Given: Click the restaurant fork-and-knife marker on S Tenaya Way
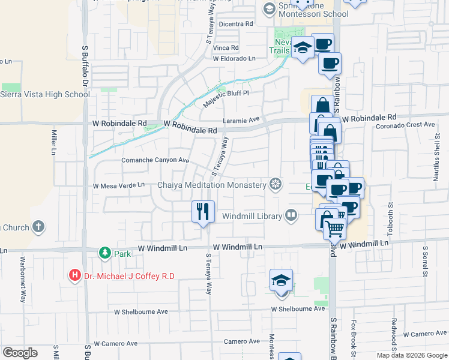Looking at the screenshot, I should coord(203,211).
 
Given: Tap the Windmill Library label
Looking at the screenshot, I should coord(252,215).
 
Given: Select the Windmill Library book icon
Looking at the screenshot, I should coord(291,215).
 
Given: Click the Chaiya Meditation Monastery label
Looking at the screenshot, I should coord(211,185).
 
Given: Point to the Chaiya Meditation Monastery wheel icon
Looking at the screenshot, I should coord(276,184).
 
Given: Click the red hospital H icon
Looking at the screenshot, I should coord(75,276).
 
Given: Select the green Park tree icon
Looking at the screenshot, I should coord(105,253).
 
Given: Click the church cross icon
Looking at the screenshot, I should coord(38,227).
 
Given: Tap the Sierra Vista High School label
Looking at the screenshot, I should coord(44,94).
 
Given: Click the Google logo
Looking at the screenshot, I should coord(20,352).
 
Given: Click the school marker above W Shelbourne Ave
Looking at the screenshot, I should coord(281,281).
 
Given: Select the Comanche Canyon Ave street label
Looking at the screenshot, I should coord(155,161).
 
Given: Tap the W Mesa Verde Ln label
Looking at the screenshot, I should coord(118,185).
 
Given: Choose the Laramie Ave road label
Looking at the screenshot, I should coord(241,121).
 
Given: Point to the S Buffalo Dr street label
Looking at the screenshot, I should coord(85,66).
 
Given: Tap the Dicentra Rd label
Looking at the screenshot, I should coord(236,24).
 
